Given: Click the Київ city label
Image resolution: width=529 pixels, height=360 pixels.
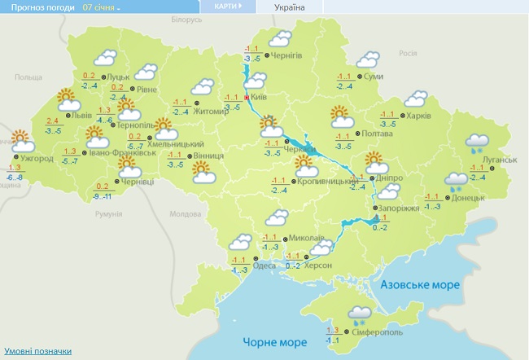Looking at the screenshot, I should (260, 96).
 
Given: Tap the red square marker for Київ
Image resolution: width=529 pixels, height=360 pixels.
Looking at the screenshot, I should (247, 96).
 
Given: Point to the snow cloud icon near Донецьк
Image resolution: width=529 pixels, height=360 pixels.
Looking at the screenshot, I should (456, 180).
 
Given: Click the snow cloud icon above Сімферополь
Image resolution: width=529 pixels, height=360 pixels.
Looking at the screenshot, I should (357, 313).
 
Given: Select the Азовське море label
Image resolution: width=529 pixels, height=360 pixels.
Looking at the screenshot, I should (421, 284).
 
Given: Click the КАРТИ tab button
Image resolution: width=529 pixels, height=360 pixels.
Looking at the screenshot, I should (228, 6).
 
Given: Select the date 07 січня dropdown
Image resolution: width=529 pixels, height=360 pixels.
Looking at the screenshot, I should (100, 7).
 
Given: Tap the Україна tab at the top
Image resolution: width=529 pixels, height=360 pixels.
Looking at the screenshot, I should (291, 7).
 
